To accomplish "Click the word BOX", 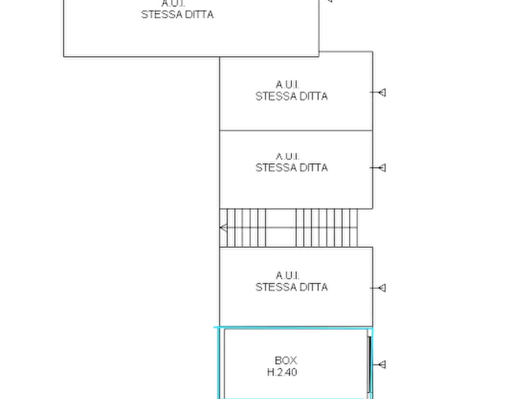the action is click(286, 360).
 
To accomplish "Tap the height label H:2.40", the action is click(282, 372).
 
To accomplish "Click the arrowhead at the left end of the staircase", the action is click(223, 227).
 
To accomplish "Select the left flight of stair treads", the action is click(243, 228).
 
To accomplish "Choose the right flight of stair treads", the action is click(326, 228).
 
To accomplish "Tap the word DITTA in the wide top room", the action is click(199, 14).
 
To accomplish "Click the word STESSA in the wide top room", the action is click(162, 14).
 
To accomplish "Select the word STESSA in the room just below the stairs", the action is click(276, 287).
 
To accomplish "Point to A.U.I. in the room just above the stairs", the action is click(288, 157).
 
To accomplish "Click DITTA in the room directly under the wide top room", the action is click(313, 96).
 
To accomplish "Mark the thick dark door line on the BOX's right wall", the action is click(369, 364).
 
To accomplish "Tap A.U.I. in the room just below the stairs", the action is click(288, 275).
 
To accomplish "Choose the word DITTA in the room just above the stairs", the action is click(313, 167).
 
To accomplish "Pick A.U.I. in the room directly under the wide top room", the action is click(288, 84).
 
